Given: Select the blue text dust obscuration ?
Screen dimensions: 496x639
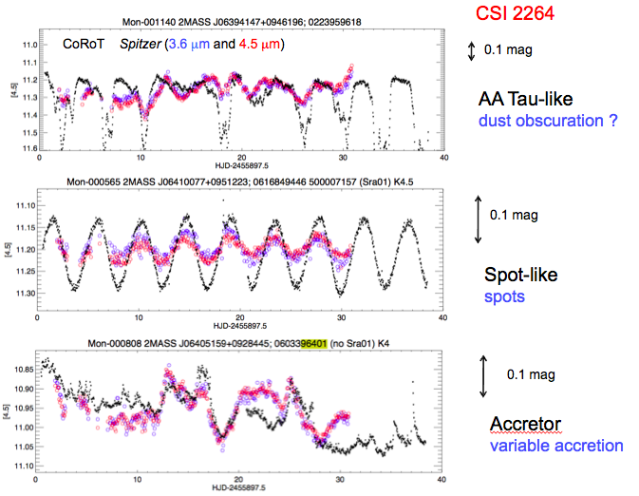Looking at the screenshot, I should coord(536,120).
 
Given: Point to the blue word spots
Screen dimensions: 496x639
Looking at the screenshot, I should coord(502,296).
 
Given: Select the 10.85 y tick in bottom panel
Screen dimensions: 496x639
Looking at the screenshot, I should coord(25,367).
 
